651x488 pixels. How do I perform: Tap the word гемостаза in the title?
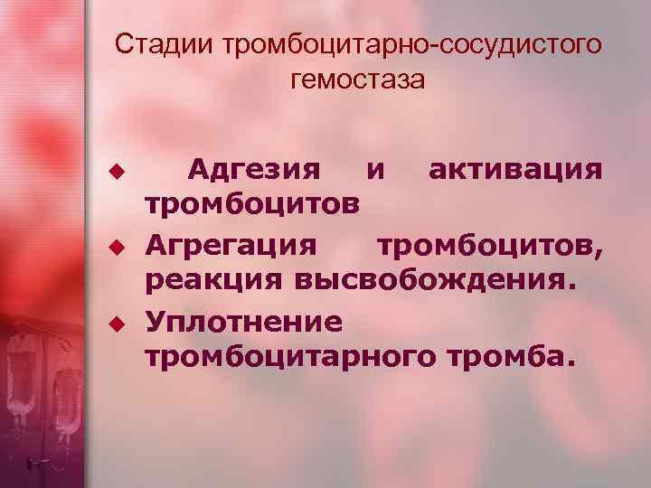click(358, 80)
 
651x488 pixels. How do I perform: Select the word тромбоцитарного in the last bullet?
click(289, 359)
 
